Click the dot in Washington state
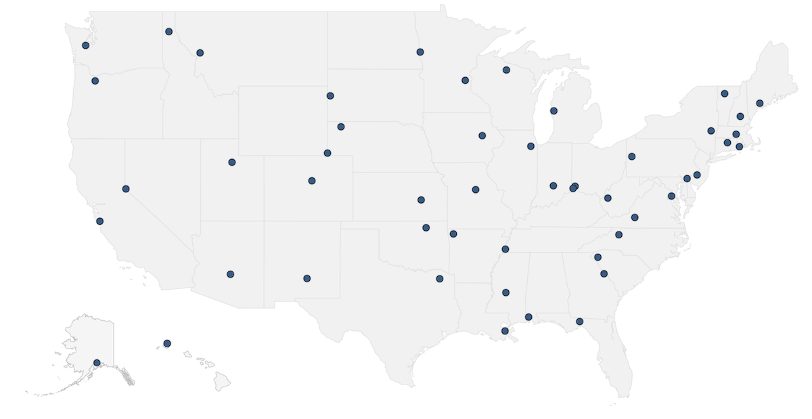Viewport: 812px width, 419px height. click(x=86, y=45)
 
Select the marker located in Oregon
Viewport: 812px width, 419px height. click(x=95, y=81)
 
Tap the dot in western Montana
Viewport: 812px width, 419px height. click(x=200, y=53)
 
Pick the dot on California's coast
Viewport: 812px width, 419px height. click(x=100, y=221)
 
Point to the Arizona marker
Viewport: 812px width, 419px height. click(x=230, y=274)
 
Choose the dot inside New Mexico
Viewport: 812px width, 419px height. click(x=307, y=278)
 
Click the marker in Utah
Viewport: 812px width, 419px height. click(x=232, y=162)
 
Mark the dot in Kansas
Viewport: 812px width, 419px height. click(x=421, y=200)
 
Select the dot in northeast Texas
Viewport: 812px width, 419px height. click(x=440, y=279)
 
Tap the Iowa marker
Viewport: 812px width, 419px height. click(x=482, y=135)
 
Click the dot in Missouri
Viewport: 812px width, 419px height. click(x=476, y=190)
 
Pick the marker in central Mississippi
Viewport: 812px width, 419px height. click(x=505, y=292)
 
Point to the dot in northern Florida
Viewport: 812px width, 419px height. click(x=580, y=322)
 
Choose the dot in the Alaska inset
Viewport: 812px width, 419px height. click(x=97, y=363)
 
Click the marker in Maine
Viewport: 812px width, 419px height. click(x=760, y=103)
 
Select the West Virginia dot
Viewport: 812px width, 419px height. click(x=608, y=198)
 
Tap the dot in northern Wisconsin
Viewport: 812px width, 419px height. click(x=506, y=70)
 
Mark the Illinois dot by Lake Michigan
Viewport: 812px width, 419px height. click(x=531, y=146)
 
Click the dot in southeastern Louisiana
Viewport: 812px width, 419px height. click(x=505, y=331)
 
